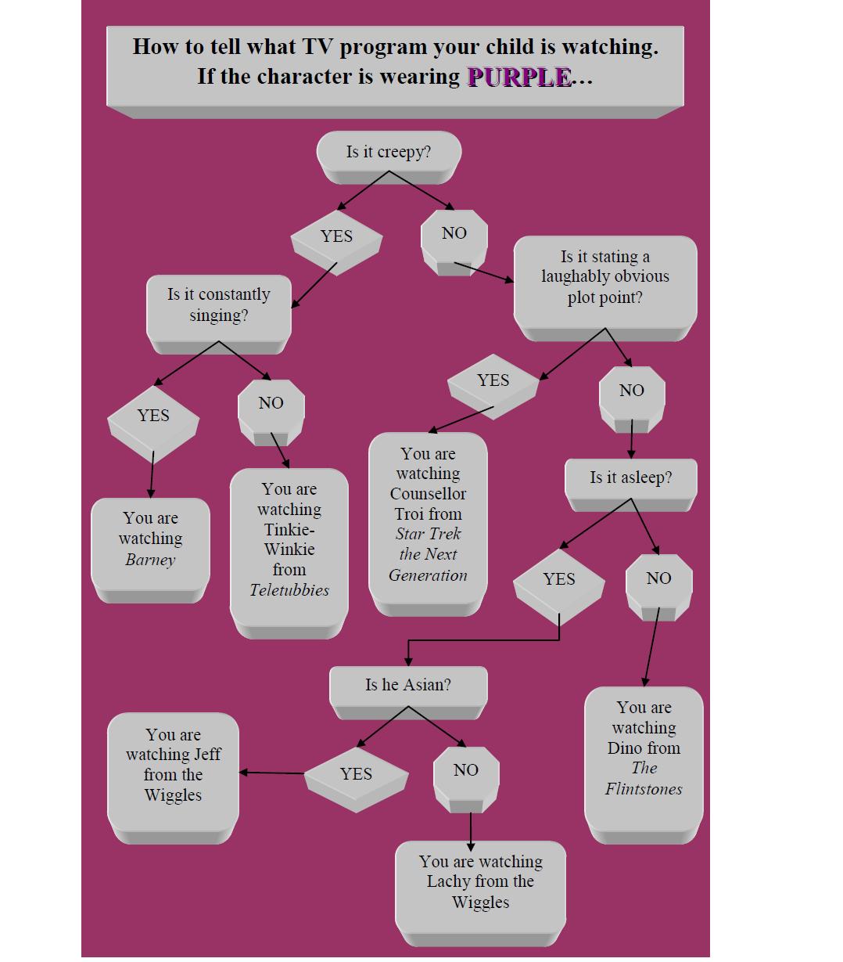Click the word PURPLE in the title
pos(518,77)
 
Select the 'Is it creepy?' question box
pos(389,152)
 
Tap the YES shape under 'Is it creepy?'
pos(336,236)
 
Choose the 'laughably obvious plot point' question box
pos(604,277)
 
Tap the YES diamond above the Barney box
pos(153,416)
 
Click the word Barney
pos(150,560)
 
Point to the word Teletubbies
pos(289,590)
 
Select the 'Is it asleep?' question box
pos(630,477)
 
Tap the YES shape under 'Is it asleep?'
pos(558,579)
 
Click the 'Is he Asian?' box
pos(407,685)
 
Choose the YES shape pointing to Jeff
pos(356,774)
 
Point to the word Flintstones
pos(644,789)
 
